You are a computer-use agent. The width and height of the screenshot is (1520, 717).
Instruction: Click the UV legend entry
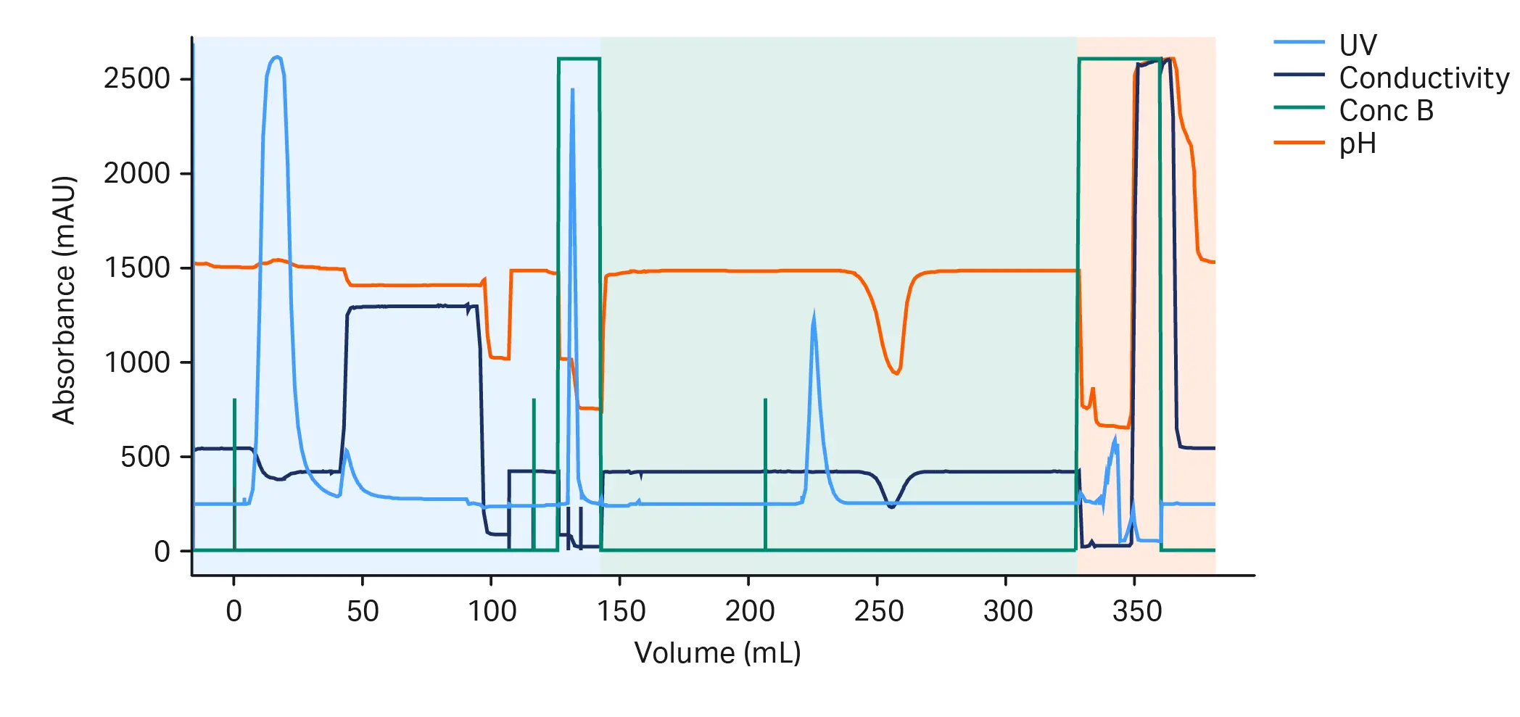point(1357,45)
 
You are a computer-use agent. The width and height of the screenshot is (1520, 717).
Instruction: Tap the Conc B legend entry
point(1386,110)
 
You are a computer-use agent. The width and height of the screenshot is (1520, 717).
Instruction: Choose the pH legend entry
point(1357,144)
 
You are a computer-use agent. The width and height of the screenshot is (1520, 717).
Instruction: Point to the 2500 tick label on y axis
point(137,78)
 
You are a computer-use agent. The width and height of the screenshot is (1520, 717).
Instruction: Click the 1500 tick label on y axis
point(137,268)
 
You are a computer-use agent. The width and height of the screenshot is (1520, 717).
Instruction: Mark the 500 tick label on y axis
point(145,457)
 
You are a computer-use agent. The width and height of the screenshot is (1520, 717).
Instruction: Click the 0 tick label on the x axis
point(234,611)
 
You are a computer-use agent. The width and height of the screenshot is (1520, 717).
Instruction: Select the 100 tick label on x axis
point(492,611)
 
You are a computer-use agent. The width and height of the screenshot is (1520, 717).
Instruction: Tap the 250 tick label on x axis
point(878,611)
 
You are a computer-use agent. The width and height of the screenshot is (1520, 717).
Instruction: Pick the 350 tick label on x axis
point(1136,611)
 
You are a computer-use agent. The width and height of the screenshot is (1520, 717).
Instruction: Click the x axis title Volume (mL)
point(717,652)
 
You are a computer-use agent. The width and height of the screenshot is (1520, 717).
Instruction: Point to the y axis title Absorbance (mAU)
point(64,299)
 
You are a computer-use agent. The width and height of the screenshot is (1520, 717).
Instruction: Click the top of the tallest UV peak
point(276,57)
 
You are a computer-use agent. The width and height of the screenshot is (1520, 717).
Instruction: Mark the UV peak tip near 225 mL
point(814,315)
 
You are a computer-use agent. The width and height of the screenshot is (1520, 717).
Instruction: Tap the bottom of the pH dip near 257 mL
point(897,373)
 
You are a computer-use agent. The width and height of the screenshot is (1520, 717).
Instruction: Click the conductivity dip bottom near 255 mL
point(891,507)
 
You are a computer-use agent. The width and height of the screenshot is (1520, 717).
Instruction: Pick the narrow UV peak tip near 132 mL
point(573,90)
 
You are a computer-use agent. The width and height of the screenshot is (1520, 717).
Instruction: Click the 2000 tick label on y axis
point(137,173)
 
